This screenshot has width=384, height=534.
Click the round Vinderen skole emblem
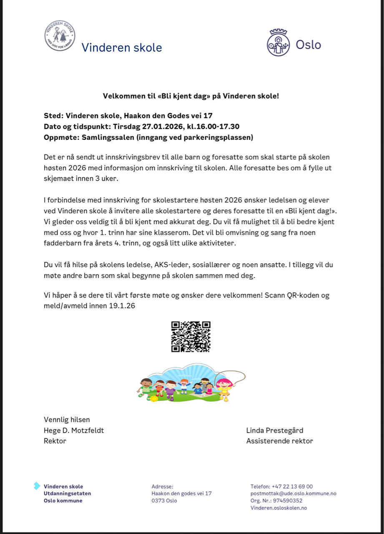[60, 36]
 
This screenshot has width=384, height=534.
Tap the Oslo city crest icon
[278, 43]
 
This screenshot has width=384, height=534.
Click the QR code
[191, 337]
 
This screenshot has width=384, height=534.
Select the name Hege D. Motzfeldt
[74, 431]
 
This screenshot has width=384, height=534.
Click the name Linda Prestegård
[275, 431]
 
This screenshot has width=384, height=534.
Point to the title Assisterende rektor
[279, 441]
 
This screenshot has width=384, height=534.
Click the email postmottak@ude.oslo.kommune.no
[294, 494]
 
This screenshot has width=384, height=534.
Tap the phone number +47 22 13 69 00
[292, 486]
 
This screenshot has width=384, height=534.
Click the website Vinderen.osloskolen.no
[279, 508]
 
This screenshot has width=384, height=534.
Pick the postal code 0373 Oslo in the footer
[164, 501]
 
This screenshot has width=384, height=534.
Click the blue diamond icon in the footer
[37, 486]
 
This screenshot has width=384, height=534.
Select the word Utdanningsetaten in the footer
[67, 494]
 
